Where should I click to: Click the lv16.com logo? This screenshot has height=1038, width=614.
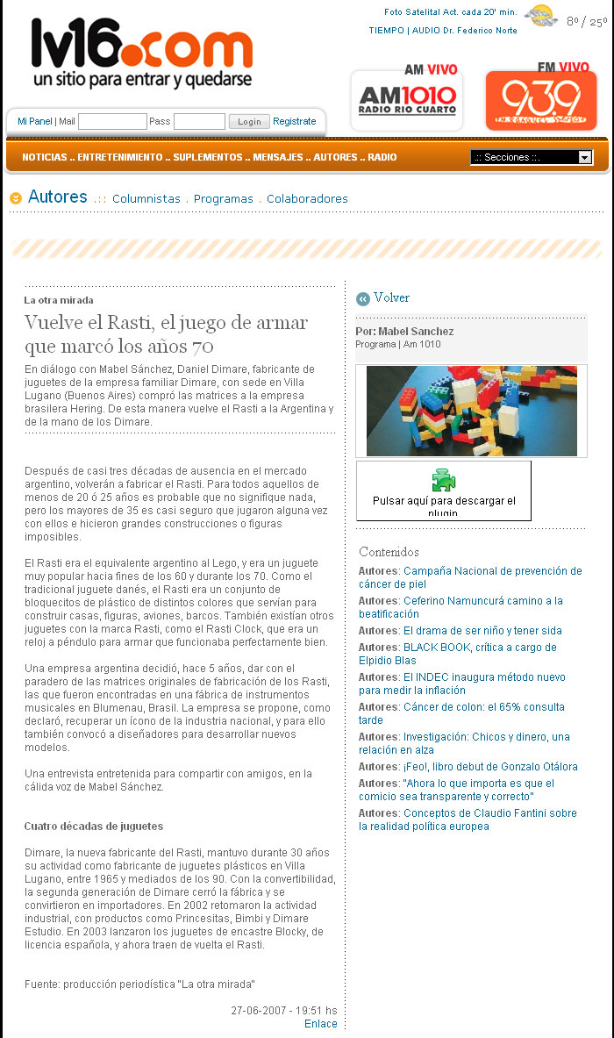pyautogui.click(x=142, y=53)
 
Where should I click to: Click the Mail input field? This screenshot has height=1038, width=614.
pyautogui.click(x=112, y=122)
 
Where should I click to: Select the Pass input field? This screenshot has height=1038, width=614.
pyautogui.click(x=199, y=122)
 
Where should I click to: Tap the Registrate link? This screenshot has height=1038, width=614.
pyautogui.click(x=294, y=122)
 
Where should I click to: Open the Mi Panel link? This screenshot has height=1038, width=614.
pyautogui.click(x=35, y=122)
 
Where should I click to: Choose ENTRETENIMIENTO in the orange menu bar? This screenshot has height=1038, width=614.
pyautogui.click(x=120, y=158)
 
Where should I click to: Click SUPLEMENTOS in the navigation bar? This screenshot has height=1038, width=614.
pyautogui.click(x=207, y=158)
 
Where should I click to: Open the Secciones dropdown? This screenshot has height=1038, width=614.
pyautogui.click(x=532, y=158)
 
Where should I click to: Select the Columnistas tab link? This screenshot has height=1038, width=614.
pyautogui.click(x=146, y=199)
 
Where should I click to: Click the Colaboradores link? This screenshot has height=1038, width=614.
pyautogui.click(x=307, y=199)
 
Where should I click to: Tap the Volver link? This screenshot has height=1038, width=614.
pyautogui.click(x=391, y=298)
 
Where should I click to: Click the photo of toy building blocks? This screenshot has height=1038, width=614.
pyautogui.click(x=471, y=411)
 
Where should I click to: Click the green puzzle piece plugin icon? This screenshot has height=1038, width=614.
pyautogui.click(x=444, y=480)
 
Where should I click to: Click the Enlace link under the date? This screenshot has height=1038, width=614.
pyautogui.click(x=320, y=1024)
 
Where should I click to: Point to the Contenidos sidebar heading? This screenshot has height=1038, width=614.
pyautogui.click(x=389, y=552)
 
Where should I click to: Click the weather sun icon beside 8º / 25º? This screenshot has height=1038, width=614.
pyautogui.click(x=540, y=16)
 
